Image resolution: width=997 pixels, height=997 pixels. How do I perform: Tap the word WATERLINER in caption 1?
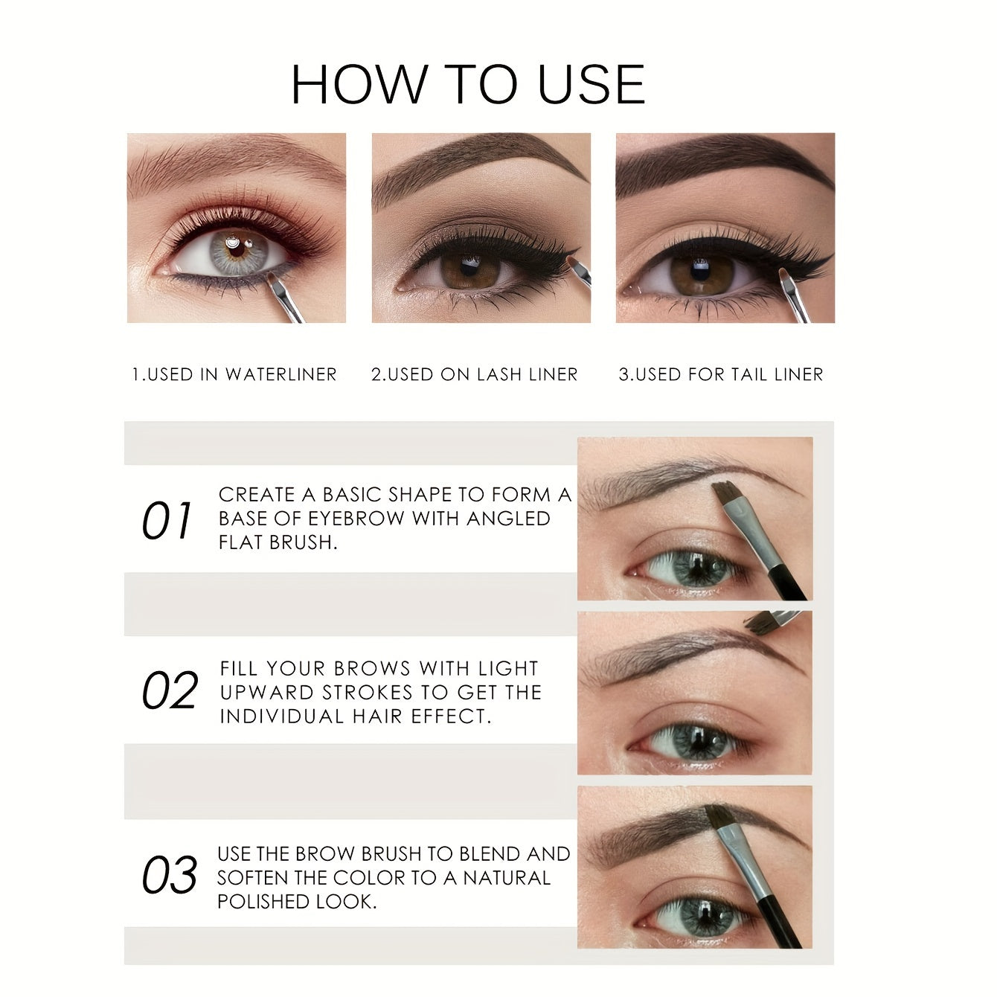tap(281, 374)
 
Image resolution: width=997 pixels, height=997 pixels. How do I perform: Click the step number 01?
tap(167, 521)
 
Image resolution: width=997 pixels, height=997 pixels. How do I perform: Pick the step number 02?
tap(170, 690)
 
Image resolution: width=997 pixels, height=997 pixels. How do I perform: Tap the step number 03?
tap(170, 875)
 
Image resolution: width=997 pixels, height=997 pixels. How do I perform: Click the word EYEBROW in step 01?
tap(360, 519)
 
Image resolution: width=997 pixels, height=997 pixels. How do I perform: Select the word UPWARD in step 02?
tap(267, 692)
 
